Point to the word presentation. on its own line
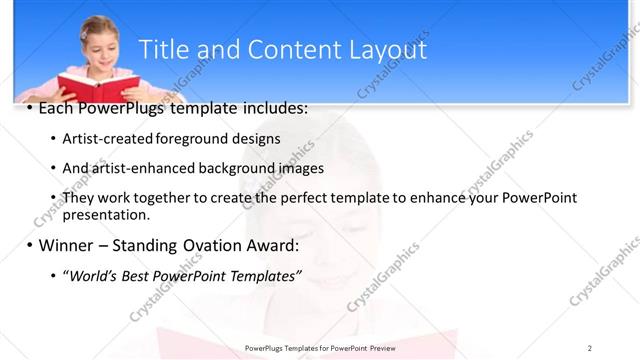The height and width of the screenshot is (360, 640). coord(106,214)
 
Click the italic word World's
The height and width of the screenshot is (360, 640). coord(95,275)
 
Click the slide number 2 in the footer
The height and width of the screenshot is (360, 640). coord(590,347)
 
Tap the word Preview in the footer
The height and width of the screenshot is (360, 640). coord(379,347)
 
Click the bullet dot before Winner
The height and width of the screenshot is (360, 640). coord(29,245)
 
